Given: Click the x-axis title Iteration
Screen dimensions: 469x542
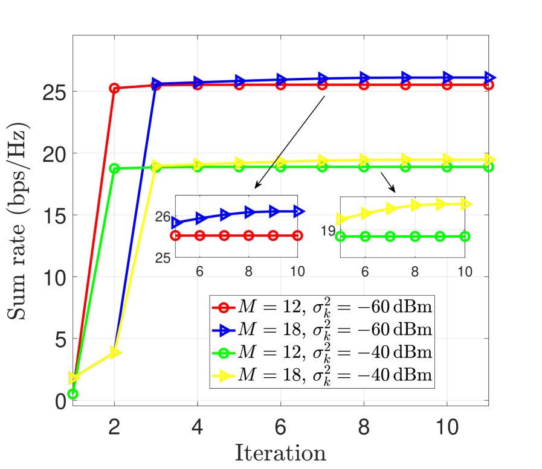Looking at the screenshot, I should click(x=280, y=452).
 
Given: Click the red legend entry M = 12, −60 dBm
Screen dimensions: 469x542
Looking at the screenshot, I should click(x=322, y=307).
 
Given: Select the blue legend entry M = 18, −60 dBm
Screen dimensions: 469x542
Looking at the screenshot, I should click(x=322, y=330).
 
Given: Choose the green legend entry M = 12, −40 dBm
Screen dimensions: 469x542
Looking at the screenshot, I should click(x=322, y=352).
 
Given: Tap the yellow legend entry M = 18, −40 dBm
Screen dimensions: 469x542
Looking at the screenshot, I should click(x=322, y=375).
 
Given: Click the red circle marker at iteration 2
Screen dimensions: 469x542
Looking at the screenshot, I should click(x=114, y=88).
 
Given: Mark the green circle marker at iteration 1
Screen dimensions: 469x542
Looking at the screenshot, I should click(x=73, y=394).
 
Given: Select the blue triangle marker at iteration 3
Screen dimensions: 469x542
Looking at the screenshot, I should click(x=156, y=84).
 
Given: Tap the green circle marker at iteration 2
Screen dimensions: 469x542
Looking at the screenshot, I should click(x=114, y=168).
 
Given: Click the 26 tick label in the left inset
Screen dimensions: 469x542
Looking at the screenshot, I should click(x=163, y=216).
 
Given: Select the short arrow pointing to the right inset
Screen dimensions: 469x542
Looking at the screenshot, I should click(x=388, y=182).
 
